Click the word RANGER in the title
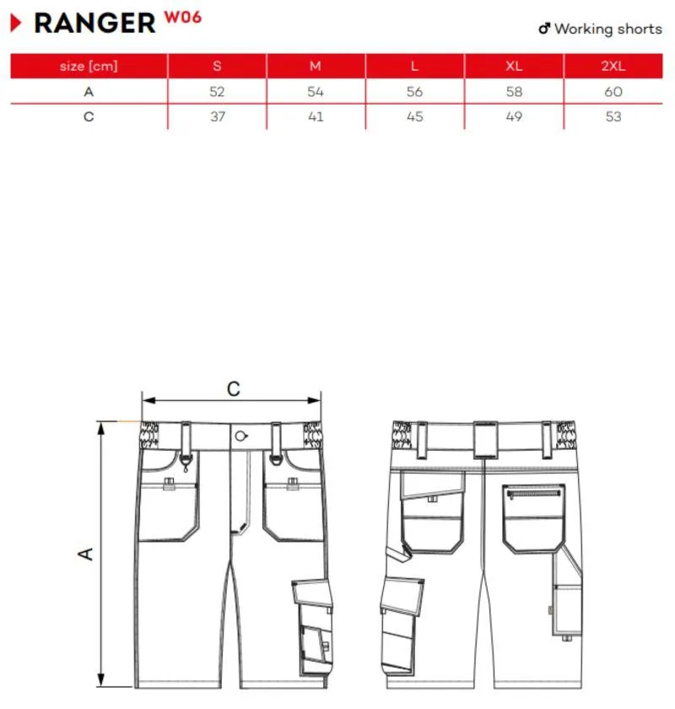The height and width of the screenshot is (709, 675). [x=94, y=23]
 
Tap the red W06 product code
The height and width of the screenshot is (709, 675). [x=182, y=17]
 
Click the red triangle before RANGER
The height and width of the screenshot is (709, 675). [x=16, y=23]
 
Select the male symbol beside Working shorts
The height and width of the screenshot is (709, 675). [x=544, y=29]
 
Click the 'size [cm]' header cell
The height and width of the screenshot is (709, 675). [x=89, y=66]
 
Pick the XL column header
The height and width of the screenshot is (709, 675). [x=514, y=66]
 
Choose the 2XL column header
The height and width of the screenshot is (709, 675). [x=613, y=66]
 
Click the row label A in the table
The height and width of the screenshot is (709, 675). [x=89, y=92]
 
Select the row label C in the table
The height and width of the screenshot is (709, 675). [x=89, y=116]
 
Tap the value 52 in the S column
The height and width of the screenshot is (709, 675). [x=217, y=92]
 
